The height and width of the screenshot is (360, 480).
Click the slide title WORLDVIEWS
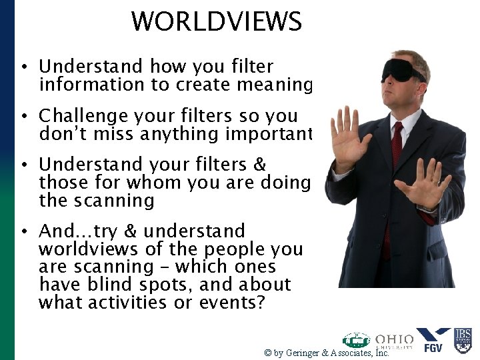(x=217, y=21)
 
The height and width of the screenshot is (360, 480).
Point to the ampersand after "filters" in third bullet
(x=259, y=165)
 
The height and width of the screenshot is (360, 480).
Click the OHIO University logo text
(x=394, y=341)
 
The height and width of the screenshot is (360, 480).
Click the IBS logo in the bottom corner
(x=463, y=339)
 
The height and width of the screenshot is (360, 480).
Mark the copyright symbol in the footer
(x=267, y=353)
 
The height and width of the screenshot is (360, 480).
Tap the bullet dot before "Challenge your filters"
(x=23, y=116)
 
